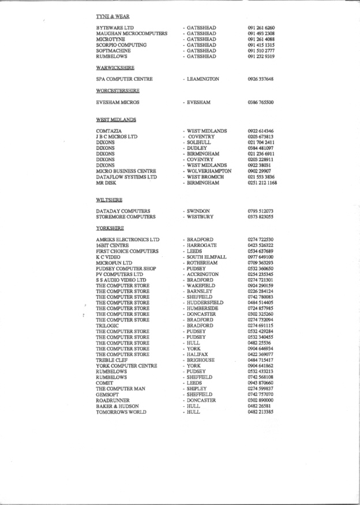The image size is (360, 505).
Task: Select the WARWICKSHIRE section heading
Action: [x=112, y=68]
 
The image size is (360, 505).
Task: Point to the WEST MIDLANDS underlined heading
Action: [x=115, y=119]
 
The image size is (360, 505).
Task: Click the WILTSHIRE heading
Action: [x=108, y=200]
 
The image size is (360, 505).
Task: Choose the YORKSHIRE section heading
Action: [x=110, y=228]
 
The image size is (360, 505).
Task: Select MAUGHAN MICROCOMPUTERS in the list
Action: [x=132, y=33]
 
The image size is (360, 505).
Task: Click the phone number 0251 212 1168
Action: [x=262, y=183]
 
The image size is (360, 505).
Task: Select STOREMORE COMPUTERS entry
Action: [x=126, y=217]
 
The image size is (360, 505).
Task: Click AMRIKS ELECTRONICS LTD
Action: [x=127, y=240]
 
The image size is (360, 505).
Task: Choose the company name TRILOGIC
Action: [x=108, y=326]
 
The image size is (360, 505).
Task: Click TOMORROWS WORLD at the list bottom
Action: [x=121, y=412]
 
